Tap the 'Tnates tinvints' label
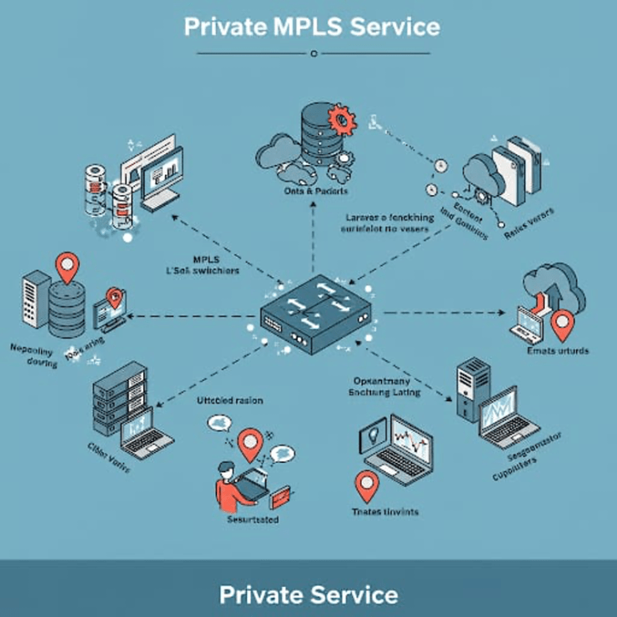pos(385,510)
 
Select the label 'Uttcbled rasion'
pos(229,401)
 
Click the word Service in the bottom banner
pos(350,594)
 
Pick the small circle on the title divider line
pos(313,53)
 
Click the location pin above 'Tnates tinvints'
pos(366,484)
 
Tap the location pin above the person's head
pos(248,443)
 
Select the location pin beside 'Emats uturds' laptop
pos(564,324)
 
